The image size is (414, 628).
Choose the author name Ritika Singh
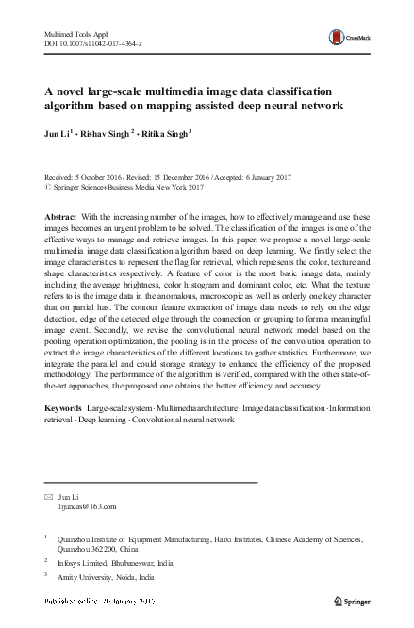click(x=165, y=134)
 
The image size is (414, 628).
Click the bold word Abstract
click(x=60, y=217)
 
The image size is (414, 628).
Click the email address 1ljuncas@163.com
click(x=87, y=505)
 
